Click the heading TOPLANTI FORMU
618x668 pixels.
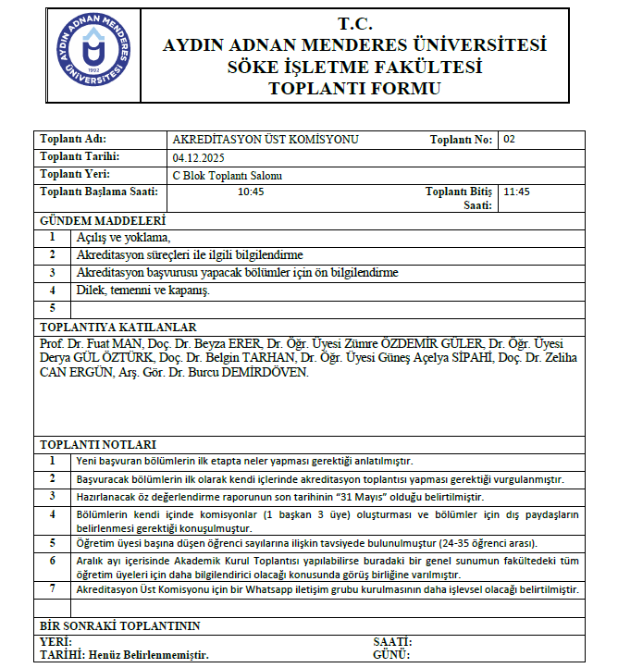pos(353,89)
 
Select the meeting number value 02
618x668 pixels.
pos(509,139)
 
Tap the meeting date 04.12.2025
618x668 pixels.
pos(201,157)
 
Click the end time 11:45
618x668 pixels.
pos(516,192)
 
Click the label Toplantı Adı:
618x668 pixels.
pos(71,140)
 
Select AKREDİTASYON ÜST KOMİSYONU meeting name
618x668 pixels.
pos(266,140)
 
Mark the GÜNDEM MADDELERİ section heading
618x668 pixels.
pos(102,222)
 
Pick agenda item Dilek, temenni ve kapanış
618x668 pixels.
pos(143,290)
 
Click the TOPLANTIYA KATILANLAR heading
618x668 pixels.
pos(117,327)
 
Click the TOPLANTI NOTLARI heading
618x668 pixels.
pos(98,444)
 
